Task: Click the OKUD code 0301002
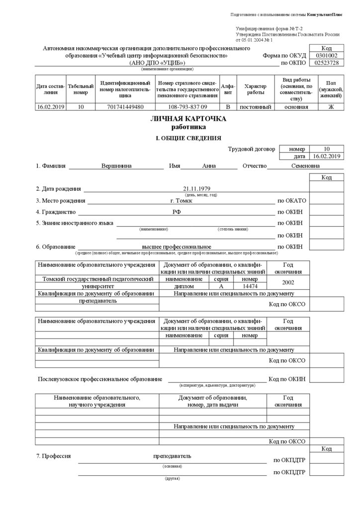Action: click(327, 56)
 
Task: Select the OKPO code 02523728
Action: click(327, 63)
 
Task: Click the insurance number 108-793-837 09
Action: click(187, 107)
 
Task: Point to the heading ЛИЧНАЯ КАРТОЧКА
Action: click(188, 119)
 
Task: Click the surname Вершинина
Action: click(116, 166)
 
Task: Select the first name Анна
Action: click(209, 166)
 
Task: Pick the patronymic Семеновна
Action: click(305, 166)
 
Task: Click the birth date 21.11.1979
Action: click(197, 189)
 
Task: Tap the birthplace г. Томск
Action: click(181, 200)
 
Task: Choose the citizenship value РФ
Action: click(177, 212)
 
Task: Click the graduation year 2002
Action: click(287, 283)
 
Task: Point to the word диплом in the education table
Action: click(184, 287)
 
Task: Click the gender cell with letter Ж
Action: click(331, 107)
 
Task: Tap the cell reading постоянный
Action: click(255, 107)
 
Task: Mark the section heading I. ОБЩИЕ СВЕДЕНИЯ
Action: click(188, 138)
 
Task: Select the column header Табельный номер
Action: click(81, 89)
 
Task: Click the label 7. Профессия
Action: click(54, 456)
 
